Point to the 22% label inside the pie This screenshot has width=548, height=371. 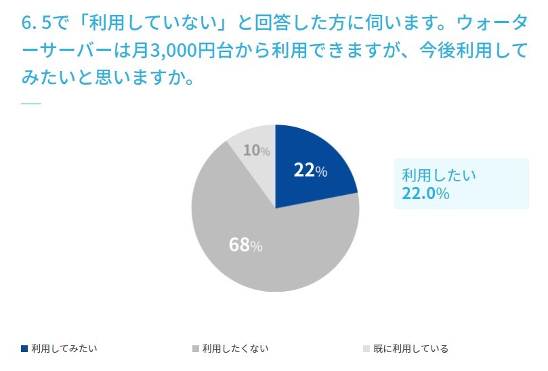tap(310, 171)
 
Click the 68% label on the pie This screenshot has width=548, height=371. tap(245, 244)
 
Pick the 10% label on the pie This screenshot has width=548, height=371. tap(256, 150)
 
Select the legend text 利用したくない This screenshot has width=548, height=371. tap(235, 349)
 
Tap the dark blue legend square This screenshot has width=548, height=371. tap(25, 349)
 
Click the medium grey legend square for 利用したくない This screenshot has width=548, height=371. tap(196, 349)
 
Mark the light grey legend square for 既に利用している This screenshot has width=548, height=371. tap(366, 349)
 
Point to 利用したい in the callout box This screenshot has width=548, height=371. tap(439, 174)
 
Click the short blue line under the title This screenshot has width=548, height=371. tap(31, 104)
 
